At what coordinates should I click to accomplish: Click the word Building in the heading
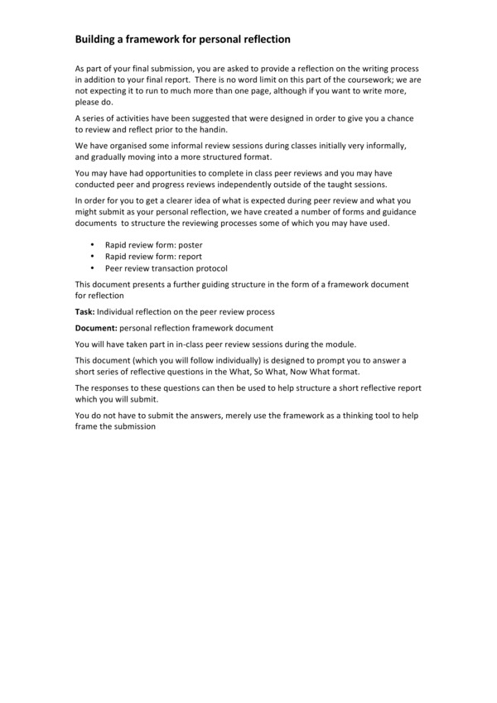pyautogui.click(x=98, y=39)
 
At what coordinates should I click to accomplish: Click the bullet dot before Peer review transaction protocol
pyautogui.click(x=92, y=268)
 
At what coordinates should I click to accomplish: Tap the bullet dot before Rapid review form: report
pyautogui.click(x=92, y=257)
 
